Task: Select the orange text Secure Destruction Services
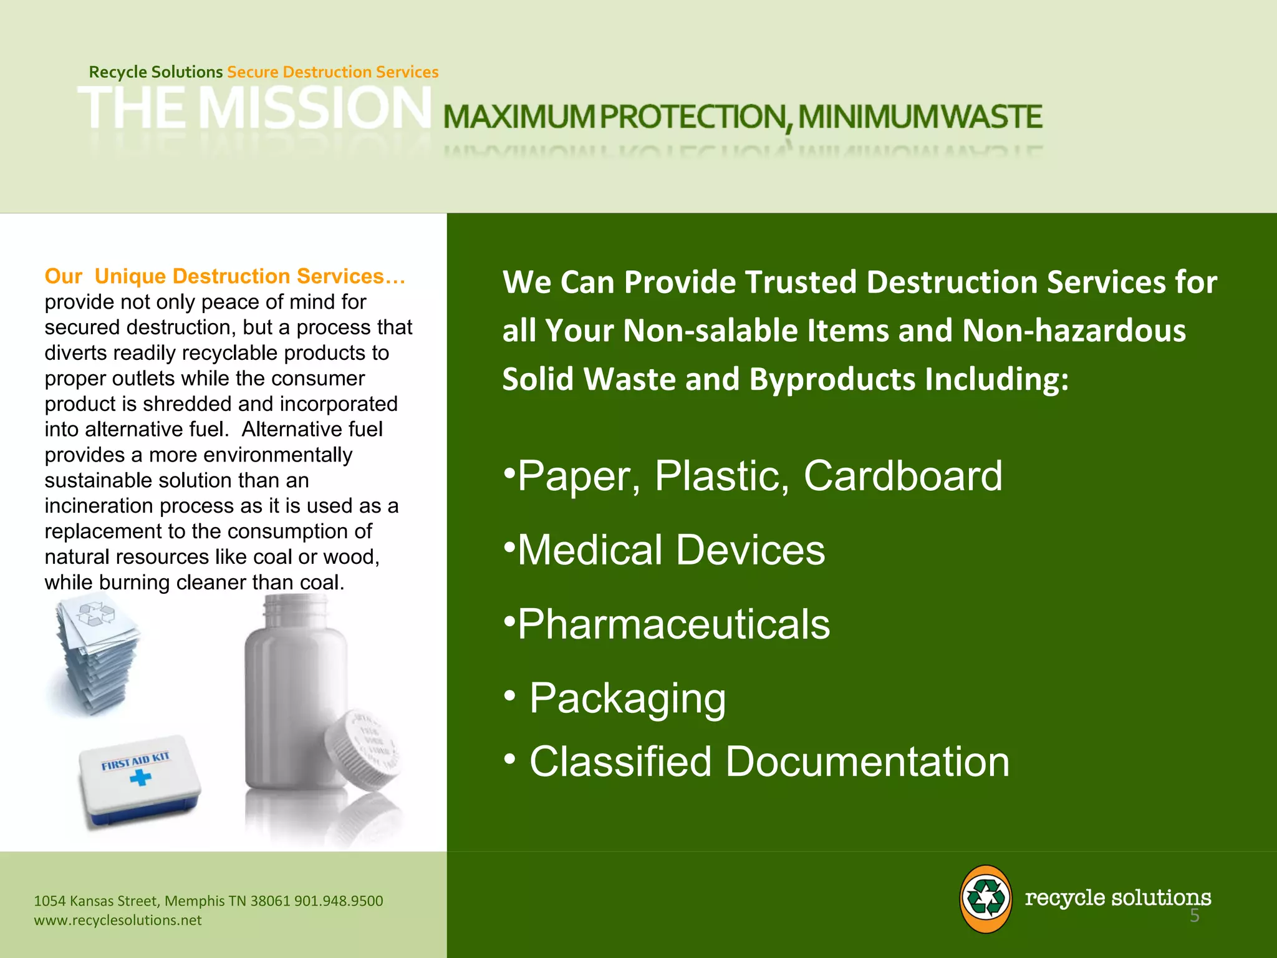332,72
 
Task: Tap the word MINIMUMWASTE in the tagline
919,117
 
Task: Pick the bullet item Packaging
627,698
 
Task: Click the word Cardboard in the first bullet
902,477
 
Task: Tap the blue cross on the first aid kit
141,777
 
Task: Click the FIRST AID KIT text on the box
135,761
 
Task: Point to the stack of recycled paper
94,652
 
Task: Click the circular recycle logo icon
985,899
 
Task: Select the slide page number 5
1194,916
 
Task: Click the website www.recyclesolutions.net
118,921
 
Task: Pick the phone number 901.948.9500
339,901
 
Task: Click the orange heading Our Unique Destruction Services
224,276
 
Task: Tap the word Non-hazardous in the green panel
1073,331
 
